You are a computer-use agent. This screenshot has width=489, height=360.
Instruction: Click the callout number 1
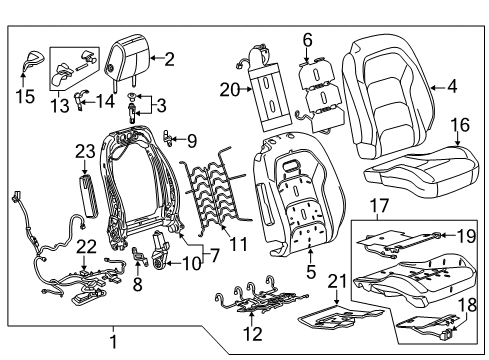pyautogui.click(x=113, y=340)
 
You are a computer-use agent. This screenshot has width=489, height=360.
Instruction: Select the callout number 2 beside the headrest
pyautogui.click(x=169, y=58)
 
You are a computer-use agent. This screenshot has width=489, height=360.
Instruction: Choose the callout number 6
pyautogui.click(x=308, y=39)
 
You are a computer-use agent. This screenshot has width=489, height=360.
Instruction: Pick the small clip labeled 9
pyautogui.click(x=171, y=139)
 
